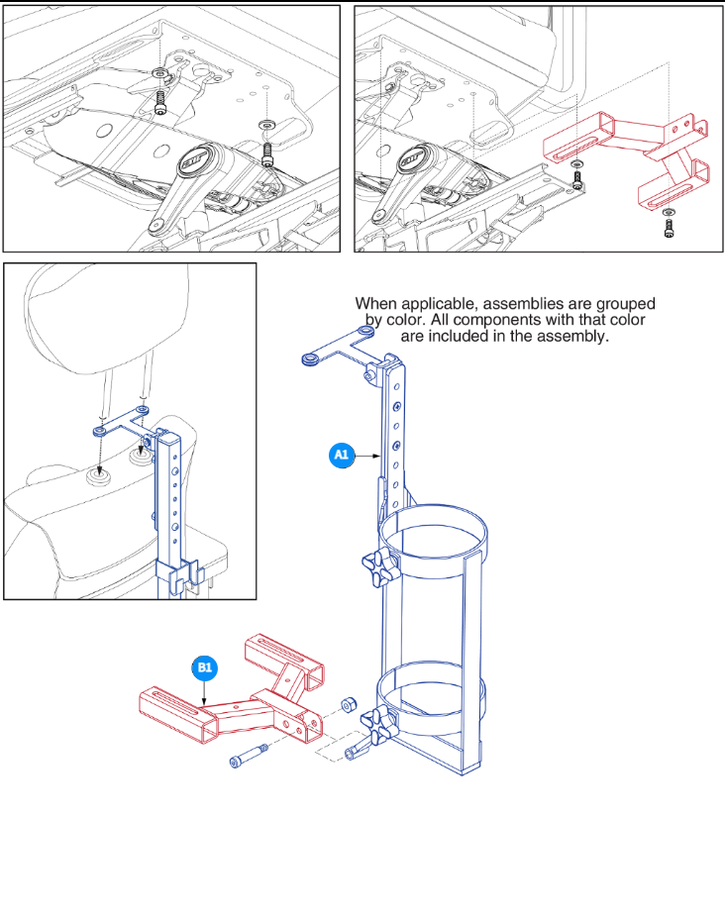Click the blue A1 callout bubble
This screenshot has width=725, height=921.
click(x=341, y=455)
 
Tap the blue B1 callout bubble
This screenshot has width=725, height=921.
click(x=204, y=668)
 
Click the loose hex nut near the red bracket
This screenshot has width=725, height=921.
click(x=348, y=705)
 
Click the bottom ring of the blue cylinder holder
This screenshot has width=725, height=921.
click(x=433, y=697)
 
